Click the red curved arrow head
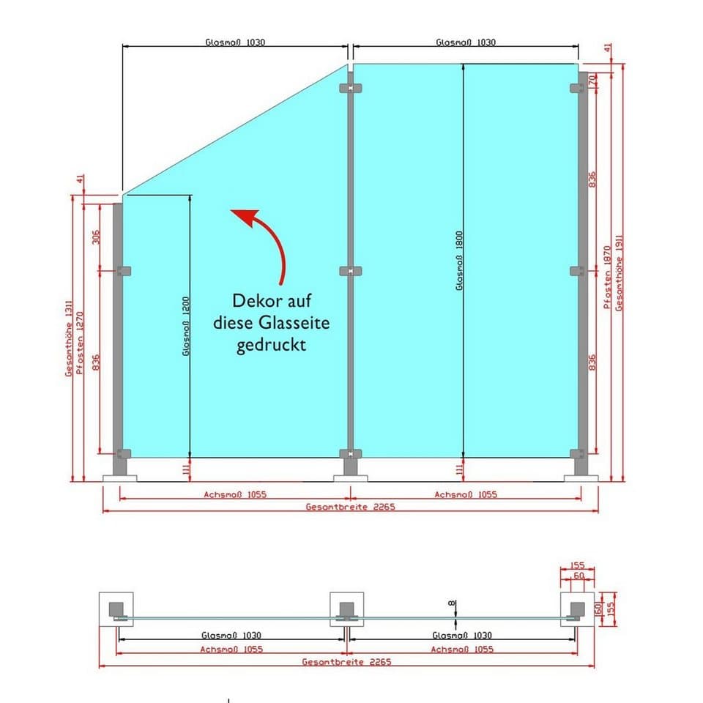(245, 217)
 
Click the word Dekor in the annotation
(254, 300)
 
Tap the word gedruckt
(271, 345)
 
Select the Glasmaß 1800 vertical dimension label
(459, 261)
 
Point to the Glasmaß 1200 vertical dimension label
(186, 327)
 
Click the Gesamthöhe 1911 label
(620, 272)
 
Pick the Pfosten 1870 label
(608, 277)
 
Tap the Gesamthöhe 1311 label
(69, 338)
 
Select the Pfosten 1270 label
(80, 343)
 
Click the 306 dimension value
(96, 237)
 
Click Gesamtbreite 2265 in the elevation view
(351, 507)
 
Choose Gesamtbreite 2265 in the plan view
(346, 662)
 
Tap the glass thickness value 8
(452, 603)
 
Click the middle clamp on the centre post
(351, 271)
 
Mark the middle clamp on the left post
(123, 271)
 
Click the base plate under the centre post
(351, 479)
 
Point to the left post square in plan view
(116, 609)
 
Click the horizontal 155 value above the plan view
(578, 565)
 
